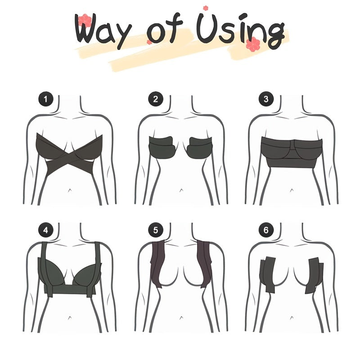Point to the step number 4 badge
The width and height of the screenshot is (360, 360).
coord(45,231)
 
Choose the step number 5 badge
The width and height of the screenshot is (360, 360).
coord(155,231)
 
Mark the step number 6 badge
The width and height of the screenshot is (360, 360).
coord(265,231)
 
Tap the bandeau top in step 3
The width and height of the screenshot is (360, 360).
coord(291,153)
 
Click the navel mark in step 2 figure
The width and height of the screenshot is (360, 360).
coord(180,190)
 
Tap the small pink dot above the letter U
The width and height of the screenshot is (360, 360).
coord(206,8)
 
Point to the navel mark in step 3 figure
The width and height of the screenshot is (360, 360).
coord(291,190)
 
